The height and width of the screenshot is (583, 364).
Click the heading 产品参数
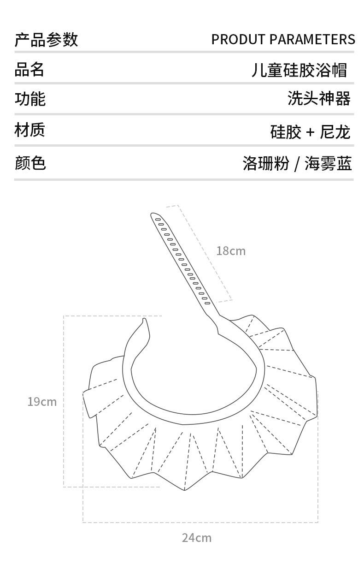[46, 40]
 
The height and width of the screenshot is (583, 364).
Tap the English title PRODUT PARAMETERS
[283, 40]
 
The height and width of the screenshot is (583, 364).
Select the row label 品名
[29, 69]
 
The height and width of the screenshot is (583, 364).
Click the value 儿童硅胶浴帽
[299, 70]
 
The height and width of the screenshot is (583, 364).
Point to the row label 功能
[30, 99]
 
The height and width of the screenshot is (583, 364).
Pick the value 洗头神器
[319, 98]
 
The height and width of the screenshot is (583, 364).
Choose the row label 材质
[29, 130]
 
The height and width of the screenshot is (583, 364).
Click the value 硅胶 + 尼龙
[310, 132]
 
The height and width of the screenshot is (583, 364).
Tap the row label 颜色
[30, 162]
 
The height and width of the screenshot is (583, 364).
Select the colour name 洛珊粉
[266, 163]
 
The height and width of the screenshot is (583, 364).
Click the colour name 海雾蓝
[328, 163]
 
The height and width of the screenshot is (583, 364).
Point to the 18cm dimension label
[231, 251]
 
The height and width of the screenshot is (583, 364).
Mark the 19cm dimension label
[42, 402]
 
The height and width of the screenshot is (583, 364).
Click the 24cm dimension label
[196, 537]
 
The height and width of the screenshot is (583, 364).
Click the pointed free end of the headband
[144, 320]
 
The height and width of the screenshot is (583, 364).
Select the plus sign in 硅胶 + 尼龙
[310, 133]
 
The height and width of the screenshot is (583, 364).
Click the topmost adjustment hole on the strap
[158, 219]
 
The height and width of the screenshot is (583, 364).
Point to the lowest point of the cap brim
[185, 490]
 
